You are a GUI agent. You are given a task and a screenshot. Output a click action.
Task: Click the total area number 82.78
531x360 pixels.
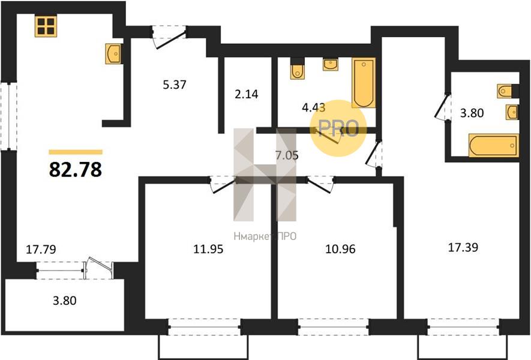click(76, 169)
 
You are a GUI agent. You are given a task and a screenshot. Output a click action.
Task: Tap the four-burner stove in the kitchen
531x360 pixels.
click(46, 26)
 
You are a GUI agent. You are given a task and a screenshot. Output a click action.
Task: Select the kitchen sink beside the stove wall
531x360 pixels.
click(113, 53)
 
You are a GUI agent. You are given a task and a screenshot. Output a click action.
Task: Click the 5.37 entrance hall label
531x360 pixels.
click(175, 85)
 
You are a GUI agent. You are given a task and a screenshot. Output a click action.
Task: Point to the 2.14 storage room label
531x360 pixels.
click(247, 94)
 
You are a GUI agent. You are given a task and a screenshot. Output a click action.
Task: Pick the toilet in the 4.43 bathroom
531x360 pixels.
click(298, 70)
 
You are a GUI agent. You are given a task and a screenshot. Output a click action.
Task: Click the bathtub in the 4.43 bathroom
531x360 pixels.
click(364, 83)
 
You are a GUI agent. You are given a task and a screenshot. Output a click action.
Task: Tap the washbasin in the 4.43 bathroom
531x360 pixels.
click(331, 64)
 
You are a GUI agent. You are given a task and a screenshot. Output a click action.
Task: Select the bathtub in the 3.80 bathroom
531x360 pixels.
click(494, 145)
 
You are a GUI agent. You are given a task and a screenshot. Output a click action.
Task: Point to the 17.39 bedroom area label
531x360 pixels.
click(463, 247)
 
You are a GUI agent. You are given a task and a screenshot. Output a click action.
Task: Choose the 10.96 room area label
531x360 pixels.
click(340, 249)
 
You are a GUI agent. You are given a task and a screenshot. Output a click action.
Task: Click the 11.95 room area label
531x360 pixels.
click(208, 249)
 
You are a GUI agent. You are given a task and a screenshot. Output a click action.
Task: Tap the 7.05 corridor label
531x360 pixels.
click(287, 155)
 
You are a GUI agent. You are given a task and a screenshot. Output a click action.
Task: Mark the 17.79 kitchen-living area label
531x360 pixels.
click(41, 249)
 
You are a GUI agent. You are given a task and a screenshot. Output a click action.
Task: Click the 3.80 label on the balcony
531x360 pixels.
click(65, 301)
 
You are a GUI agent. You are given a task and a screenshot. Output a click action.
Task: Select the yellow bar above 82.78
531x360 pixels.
click(76, 152)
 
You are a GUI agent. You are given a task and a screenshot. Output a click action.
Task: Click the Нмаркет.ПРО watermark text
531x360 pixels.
click(265, 236)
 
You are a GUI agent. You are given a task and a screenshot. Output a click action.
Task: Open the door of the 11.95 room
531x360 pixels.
click(223, 185)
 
